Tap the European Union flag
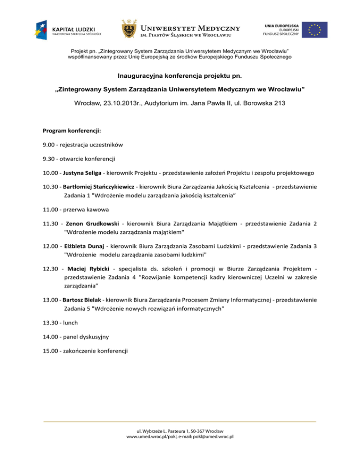pos(315,29)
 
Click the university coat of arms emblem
pos(130,29)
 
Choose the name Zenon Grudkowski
pos(93,224)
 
